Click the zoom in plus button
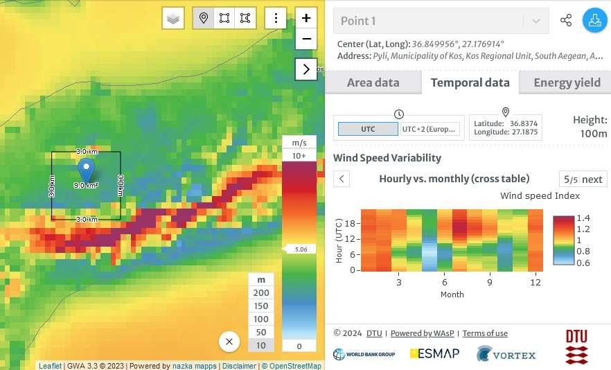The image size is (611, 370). point(306,18)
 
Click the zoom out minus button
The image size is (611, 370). point(306,39)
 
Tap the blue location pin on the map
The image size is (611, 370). point(86,169)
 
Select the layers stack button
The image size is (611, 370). point(173,19)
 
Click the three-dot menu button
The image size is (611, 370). point(276,19)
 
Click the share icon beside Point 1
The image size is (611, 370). point(566,21)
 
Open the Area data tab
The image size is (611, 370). point(373,82)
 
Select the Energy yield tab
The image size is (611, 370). point(567,82)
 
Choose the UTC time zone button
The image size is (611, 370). point(368,129)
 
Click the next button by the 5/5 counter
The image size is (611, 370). point(592,179)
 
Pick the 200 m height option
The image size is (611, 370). point(262,292)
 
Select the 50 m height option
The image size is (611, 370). point(262,333)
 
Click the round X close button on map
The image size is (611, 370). point(229,342)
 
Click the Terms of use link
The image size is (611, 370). point(485,333)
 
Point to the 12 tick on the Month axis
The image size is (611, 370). point(535,283)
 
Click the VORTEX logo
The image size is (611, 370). point(506,355)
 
